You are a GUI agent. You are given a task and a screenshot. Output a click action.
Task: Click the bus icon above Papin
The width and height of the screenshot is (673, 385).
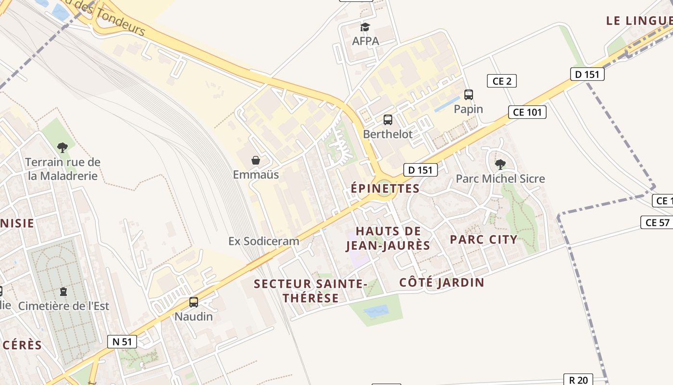point(469,95)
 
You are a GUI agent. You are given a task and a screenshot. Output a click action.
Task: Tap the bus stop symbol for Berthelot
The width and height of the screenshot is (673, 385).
point(388,120)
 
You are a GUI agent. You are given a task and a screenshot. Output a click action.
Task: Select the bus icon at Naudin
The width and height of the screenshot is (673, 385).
point(194,302)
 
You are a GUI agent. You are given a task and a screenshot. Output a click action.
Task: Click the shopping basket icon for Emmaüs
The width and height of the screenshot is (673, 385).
point(256,160)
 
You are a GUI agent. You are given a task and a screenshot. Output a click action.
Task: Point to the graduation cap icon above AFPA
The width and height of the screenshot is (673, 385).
point(365,27)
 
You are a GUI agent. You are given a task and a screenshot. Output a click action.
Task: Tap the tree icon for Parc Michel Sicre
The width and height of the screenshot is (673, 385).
point(500,164)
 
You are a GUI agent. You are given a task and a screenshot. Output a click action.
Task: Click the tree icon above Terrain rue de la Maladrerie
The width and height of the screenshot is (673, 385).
point(62,147)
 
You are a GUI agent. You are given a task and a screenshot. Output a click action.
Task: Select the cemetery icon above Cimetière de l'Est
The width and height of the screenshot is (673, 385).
point(63,291)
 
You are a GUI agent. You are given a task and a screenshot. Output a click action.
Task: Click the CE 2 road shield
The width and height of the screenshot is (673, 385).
point(502,81)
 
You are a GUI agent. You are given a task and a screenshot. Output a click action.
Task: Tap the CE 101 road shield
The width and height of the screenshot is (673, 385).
point(527,112)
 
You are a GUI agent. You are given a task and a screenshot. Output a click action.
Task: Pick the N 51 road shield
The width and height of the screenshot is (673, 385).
point(122,342)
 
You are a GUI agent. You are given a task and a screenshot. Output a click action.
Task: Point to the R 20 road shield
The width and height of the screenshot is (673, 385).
point(578,380)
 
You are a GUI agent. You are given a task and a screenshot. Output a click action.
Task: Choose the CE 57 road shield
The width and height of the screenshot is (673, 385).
point(657,222)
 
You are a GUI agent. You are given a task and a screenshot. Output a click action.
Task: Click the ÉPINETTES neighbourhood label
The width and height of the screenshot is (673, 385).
point(385,189)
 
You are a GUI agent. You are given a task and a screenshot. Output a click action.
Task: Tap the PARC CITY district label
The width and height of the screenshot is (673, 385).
point(484,239)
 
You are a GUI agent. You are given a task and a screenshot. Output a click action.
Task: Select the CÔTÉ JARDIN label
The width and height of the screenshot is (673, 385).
point(442,282)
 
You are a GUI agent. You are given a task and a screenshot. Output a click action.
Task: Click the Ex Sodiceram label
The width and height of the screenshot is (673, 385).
point(264,241)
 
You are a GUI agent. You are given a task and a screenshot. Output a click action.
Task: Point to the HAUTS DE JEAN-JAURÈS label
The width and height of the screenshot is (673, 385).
point(388,239)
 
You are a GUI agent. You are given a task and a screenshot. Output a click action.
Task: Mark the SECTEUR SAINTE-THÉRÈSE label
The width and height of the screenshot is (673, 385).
point(311,291)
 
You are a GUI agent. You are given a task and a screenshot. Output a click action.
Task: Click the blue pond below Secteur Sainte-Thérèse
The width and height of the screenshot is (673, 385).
point(376,312)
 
